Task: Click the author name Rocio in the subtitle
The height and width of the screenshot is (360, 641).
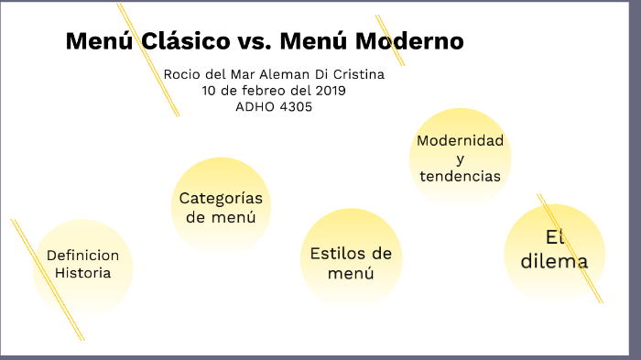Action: coord(181,74)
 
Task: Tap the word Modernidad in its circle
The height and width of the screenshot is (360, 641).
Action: coord(460,141)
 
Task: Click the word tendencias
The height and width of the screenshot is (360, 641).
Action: coord(460,176)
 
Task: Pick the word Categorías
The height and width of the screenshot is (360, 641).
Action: coord(221,198)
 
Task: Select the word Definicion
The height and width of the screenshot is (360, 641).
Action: coord(82,255)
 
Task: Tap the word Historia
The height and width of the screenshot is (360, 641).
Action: coord(82,272)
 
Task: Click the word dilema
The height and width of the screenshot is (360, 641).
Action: coord(554,261)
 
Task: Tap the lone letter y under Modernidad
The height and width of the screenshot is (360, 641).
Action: coord(460,159)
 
